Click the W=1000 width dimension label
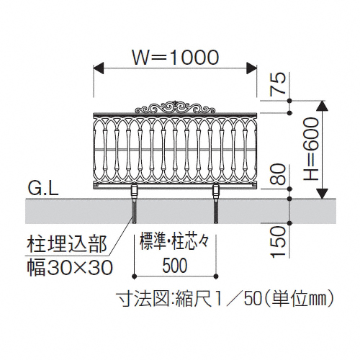coord(176,58)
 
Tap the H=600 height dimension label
coord(311,149)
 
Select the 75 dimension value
coord(278,84)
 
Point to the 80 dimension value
coord(278,174)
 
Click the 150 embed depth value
coord(278,242)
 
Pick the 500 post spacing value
coord(175,266)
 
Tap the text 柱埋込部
coord(67,244)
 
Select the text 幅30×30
coord(69,268)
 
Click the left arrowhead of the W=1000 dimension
coord(98,68)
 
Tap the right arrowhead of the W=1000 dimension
coord(252,68)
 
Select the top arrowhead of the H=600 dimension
coord(322,106)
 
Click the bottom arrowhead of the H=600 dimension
coord(322,194)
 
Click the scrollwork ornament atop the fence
coord(175,107)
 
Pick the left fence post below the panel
coord(134,204)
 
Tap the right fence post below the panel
coord(216,204)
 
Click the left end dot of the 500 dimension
coord(134,276)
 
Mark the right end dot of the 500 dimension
coord(216,276)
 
